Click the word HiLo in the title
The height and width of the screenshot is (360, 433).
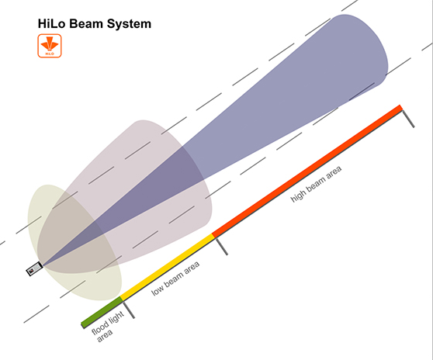tap(52, 24)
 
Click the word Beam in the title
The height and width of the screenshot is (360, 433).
tap(86, 24)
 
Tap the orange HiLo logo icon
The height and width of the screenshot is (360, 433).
tap(50, 46)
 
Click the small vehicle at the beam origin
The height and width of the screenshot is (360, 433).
tap(34, 269)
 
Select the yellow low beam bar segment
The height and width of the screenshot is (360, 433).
tap(168, 267)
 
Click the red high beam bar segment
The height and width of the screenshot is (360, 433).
tap(307, 171)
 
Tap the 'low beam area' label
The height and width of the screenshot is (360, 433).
tap(175, 279)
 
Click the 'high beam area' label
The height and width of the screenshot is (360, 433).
tap(316, 184)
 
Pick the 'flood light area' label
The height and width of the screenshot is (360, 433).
tap(106, 327)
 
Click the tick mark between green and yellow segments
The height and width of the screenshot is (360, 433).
tap(129, 310)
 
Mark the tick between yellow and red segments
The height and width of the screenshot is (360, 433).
tap(221, 247)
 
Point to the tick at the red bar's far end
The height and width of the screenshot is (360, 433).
tap(408, 119)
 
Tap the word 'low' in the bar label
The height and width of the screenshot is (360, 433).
tap(158, 290)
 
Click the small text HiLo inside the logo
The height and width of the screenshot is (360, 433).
tap(50, 54)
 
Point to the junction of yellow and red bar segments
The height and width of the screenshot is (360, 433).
tap(213, 236)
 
